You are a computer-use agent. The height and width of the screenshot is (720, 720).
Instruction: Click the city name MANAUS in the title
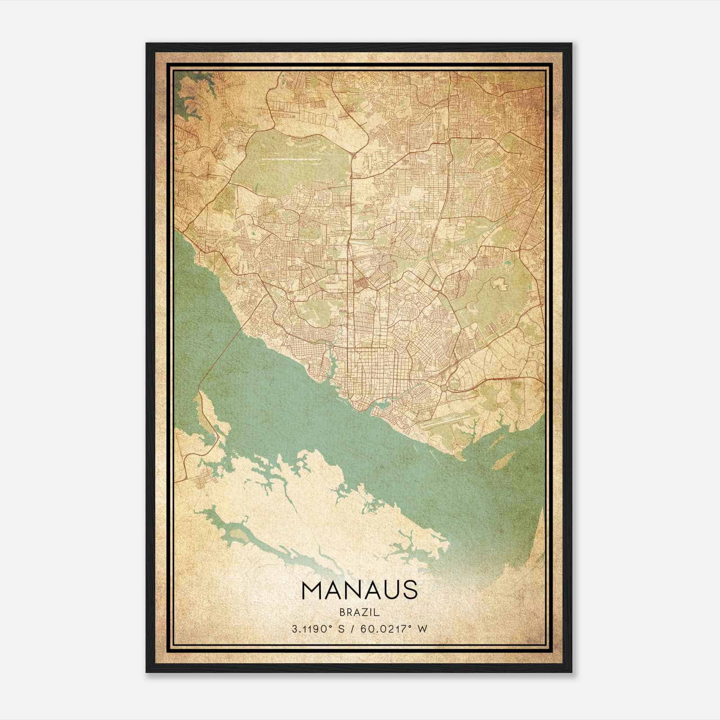tap(360, 590)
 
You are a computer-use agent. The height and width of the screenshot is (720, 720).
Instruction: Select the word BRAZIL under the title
tap(360, 612)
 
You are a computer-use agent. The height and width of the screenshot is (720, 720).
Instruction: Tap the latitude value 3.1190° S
tap(318, 629)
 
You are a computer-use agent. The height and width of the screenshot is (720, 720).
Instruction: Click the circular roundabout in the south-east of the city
tap(445, 387)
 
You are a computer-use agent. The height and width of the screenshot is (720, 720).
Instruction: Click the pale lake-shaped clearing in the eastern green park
tap(499, 283)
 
